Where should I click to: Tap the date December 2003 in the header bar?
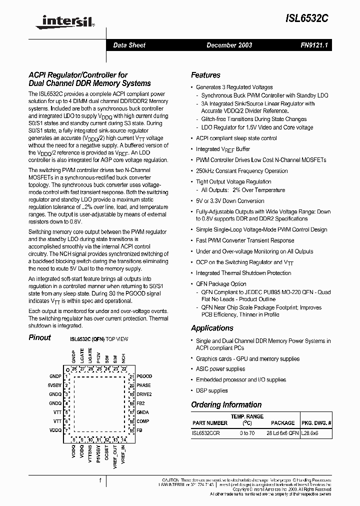[x=229, y=45]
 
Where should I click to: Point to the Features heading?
[x=205, y=75]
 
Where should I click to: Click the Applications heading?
[x=212, y=328]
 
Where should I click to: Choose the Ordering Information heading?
[x=226, y=404]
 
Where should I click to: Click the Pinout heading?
[x=39, y=337]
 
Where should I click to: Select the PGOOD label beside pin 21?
[x=144, y=376]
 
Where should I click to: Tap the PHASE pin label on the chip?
[x=143, y=385]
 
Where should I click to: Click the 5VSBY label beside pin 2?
[x=54, y=385]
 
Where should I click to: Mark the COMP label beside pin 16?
[x=142, y=421]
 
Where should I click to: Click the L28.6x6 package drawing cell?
[x=309, y=433]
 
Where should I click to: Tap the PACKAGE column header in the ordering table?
[x=282, y=423]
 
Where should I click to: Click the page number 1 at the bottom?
[x=100, y=481]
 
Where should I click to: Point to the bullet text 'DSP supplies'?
[x=211, y=390]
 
